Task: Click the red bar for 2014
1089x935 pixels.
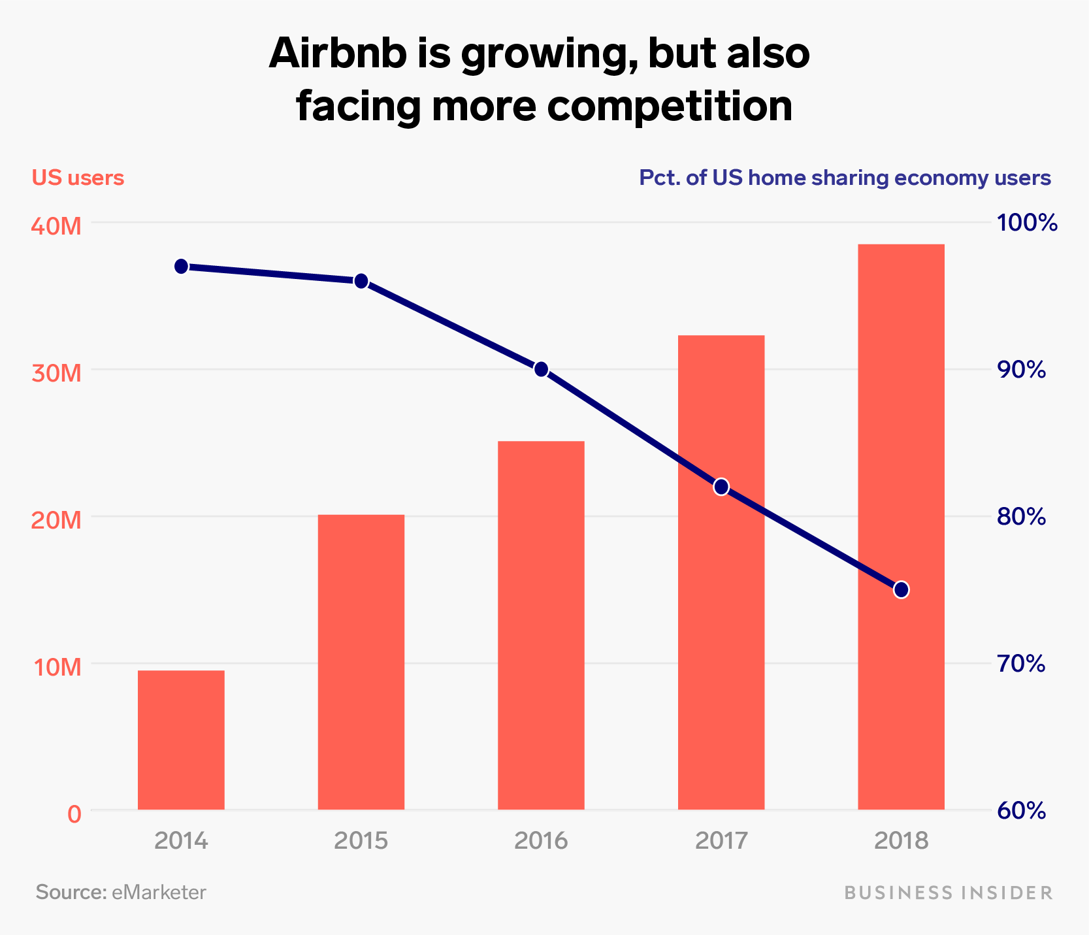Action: (x=181, y=740)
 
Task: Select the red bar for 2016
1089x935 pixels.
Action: (x=541, y=625)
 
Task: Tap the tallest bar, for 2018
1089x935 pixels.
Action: (x=901, y=527)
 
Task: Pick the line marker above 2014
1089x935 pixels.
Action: (x=182, y=267)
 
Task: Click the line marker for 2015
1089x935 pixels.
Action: (x=361, y=282)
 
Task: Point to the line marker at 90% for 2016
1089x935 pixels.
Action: (x=541, y=370)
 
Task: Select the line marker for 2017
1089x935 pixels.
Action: (x=721, y=487)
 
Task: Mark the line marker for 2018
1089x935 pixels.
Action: (x=902, y=590)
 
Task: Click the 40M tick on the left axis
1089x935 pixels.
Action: (x=57, y=226)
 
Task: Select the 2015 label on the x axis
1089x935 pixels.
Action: (x=361, y=840)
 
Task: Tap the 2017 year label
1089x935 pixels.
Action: (x=721, y=840)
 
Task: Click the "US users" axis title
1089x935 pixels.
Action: (x=78, y=178)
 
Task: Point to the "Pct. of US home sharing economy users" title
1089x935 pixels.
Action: (x=845, y=178)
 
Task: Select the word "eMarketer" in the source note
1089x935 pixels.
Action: (x=159, y=893)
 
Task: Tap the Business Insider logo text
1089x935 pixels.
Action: (x=949, y=893)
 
